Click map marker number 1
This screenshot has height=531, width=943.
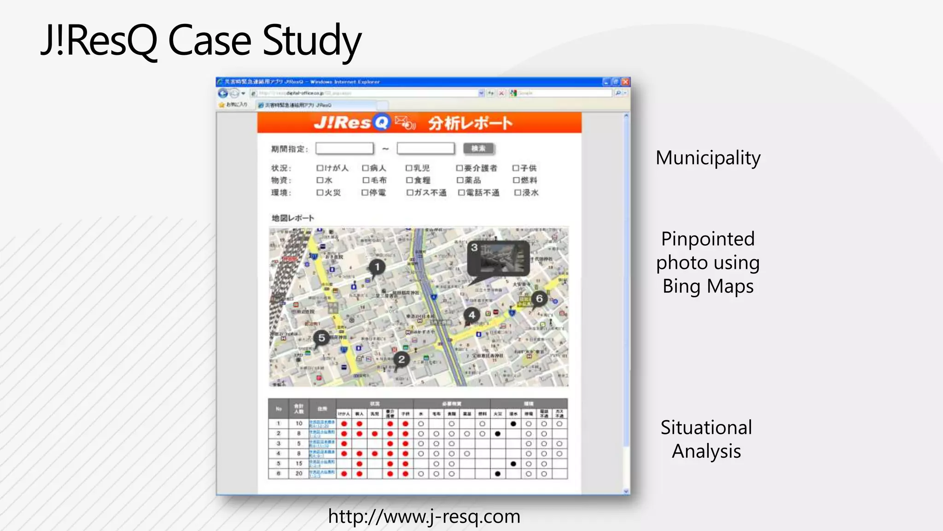377,267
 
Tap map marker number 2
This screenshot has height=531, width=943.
402,360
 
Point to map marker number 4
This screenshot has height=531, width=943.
471,315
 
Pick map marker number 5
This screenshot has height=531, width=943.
321,338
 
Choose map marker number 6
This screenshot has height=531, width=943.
539,299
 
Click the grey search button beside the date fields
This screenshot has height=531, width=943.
478,148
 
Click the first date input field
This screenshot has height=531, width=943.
344,148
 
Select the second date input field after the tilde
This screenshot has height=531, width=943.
425,148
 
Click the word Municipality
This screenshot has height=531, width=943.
708,158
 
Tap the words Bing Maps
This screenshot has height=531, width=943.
708,286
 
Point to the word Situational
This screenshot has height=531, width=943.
706,428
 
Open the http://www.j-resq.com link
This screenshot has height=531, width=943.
424,516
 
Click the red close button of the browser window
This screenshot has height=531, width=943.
625,82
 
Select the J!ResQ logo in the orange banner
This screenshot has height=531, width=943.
352,123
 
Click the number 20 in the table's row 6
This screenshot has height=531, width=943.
299,473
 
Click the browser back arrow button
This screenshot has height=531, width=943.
223,94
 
